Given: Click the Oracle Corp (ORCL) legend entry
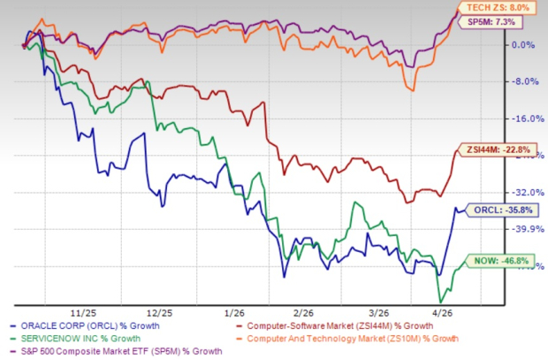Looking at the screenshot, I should coord(78,326).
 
